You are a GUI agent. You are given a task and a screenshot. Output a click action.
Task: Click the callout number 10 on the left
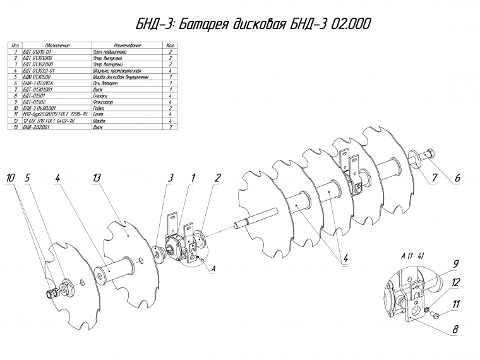click(10, 179)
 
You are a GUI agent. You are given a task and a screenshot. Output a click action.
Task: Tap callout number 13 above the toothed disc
click(96, 179)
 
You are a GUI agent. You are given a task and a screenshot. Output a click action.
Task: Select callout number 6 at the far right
click(457, 178)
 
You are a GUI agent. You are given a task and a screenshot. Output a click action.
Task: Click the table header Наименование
click(126, 46)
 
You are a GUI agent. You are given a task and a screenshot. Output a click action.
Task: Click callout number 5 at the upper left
click(28, 179)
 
